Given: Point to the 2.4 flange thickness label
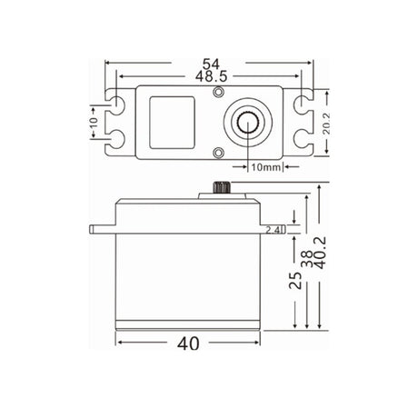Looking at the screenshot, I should coord(274,231).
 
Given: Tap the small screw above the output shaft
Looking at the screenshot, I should coord(218,94).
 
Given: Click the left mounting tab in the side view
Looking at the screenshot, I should coord(101,227).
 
